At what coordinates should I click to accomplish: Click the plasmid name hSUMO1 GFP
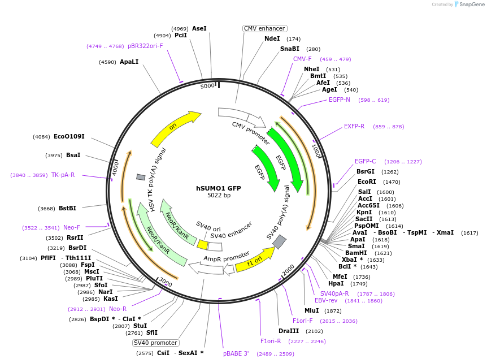(218, 188)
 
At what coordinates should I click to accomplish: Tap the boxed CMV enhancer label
(264, 28)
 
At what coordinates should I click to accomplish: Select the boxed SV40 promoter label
(156, 343)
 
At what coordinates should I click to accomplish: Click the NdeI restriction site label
(272, 38)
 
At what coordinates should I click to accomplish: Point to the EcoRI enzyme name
(367, 182)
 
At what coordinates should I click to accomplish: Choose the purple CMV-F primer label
(302, 59)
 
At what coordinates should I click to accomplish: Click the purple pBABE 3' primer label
(236, 353)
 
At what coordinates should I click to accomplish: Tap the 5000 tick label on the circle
(208, 86)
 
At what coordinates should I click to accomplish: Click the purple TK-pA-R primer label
(63, 175)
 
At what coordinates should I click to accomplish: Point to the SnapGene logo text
(472, 5)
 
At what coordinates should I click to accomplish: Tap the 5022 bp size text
(219, 196)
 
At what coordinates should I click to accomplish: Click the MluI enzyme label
(311, 310)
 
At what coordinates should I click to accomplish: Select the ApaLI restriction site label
(129, 62)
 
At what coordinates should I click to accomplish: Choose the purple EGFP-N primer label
(340, 100)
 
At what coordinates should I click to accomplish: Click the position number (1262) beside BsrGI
(390, 172)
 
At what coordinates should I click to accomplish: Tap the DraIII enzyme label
(289, 331)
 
